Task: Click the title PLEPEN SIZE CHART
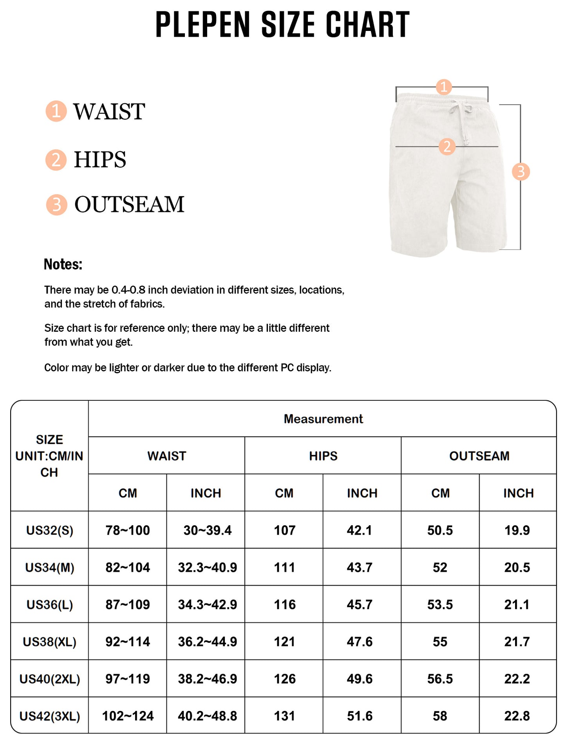(x=282, y=25)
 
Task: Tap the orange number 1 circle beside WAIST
(x=56, y=111)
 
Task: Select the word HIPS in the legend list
(x=100, y=159)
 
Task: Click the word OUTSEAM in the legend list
(x=129, y=204)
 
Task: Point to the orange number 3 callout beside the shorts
(x=521, y=172)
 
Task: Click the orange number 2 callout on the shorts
(x=447, y=146)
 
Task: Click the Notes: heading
(x=63, y=264)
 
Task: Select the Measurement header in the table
(x=323, y=419)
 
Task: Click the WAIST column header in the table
(x=166, y=456)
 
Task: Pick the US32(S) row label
(x=50, y=530)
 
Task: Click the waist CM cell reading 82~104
(x=128, y=568)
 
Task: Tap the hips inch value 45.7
(x=360, y=605)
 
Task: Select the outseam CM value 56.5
(x=440, y=679)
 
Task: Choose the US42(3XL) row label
(x=50, y=716)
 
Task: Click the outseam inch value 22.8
(x=517, y=716)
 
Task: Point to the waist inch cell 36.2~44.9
(x=207, y=642)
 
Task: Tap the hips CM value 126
(x=284, y=679)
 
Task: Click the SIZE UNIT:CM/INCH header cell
(x=49, y=456)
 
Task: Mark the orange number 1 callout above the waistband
(x=444, y=87)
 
